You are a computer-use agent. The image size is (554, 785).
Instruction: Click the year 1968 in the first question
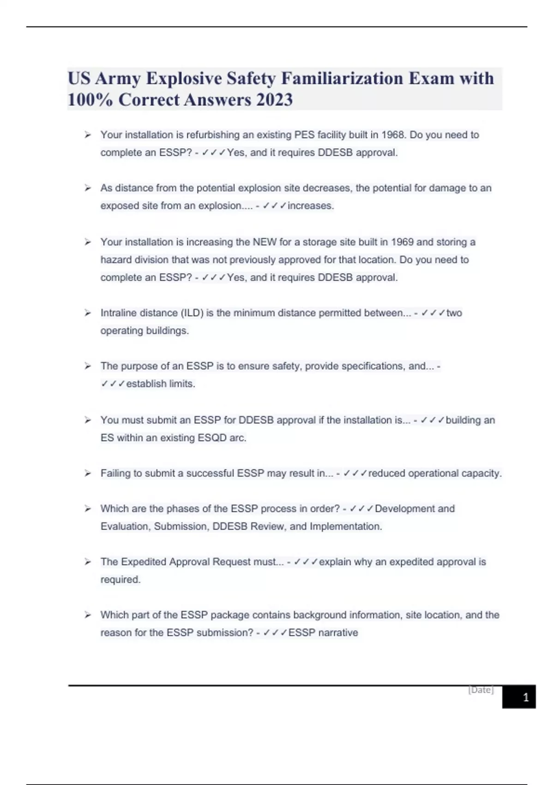tap(392, 135)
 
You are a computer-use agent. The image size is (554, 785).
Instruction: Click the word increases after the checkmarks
tap(310, 206)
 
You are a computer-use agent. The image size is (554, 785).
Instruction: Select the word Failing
tap(115, 473)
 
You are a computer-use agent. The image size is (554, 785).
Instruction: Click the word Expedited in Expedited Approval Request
tap(144, 562)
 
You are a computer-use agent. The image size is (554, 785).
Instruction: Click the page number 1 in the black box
tap(525, 697)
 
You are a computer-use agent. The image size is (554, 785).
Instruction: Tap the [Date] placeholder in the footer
tap(481, 690)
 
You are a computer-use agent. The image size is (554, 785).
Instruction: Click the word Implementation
tap(345, 526)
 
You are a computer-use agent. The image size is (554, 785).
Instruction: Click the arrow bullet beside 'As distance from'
tap(88, 188)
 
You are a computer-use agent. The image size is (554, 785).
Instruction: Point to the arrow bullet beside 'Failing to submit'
tap(88, 473)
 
